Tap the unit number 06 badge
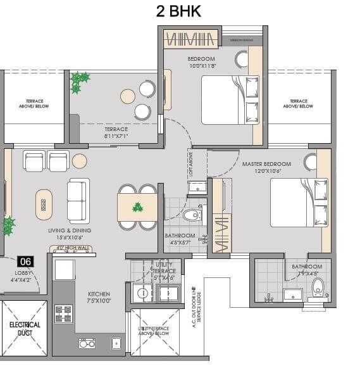pyautogui.click(x=26, y=261)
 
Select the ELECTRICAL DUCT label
pyautogui.click(x=25, y=327)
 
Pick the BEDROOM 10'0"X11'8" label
pyautogui.click(x=201, y=62)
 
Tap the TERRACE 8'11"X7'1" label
pyautogui.click(x=116, y=132)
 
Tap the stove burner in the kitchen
pyautogui.click(x=65, y=313)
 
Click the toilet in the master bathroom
pyautogui.click(x=318, y=286)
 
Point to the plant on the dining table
pyautogui.click(x=137, y=207)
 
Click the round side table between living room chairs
pyautogui.click(x=80, y=161)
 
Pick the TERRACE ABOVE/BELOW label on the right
pyautogui.click(x=298, y=104)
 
